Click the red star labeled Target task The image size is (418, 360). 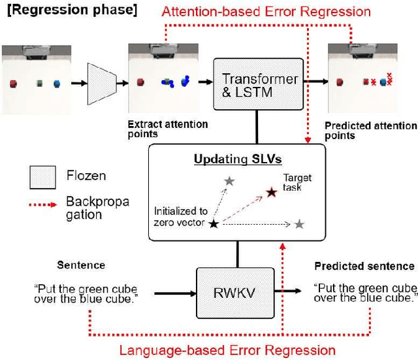tap(271, 193)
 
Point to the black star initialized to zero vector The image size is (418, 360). tap(213, 224)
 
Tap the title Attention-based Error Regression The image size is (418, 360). tap(266, 12)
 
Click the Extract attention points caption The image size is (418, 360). tap(168, 129)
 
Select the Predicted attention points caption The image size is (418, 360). tap(370, 131)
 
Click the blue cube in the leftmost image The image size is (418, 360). tap(57, 84)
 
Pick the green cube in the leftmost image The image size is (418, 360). tap(39, 84)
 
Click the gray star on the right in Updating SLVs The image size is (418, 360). tap(299, 224)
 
